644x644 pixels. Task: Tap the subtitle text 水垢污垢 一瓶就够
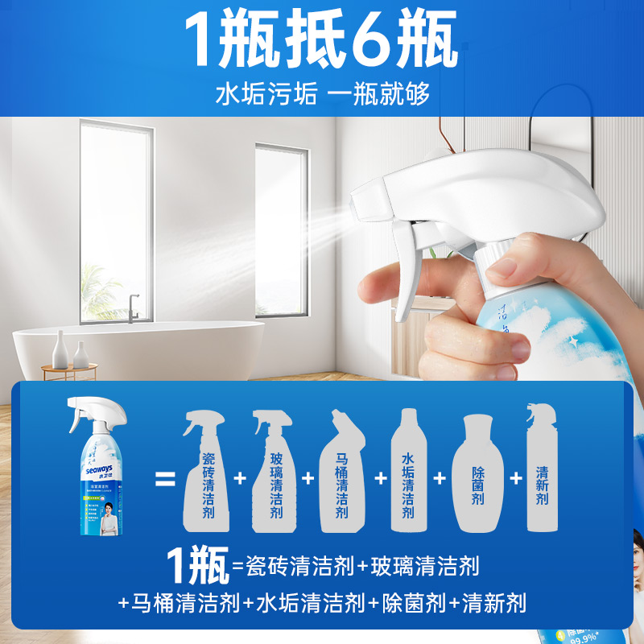[x=322, y=93]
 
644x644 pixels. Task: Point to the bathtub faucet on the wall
[x=132, y=307]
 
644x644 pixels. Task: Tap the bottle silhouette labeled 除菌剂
[x=477, y=475]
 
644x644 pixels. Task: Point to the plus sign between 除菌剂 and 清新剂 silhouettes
[x=516, y=477]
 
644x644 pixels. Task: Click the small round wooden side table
[x=69, y=369]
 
